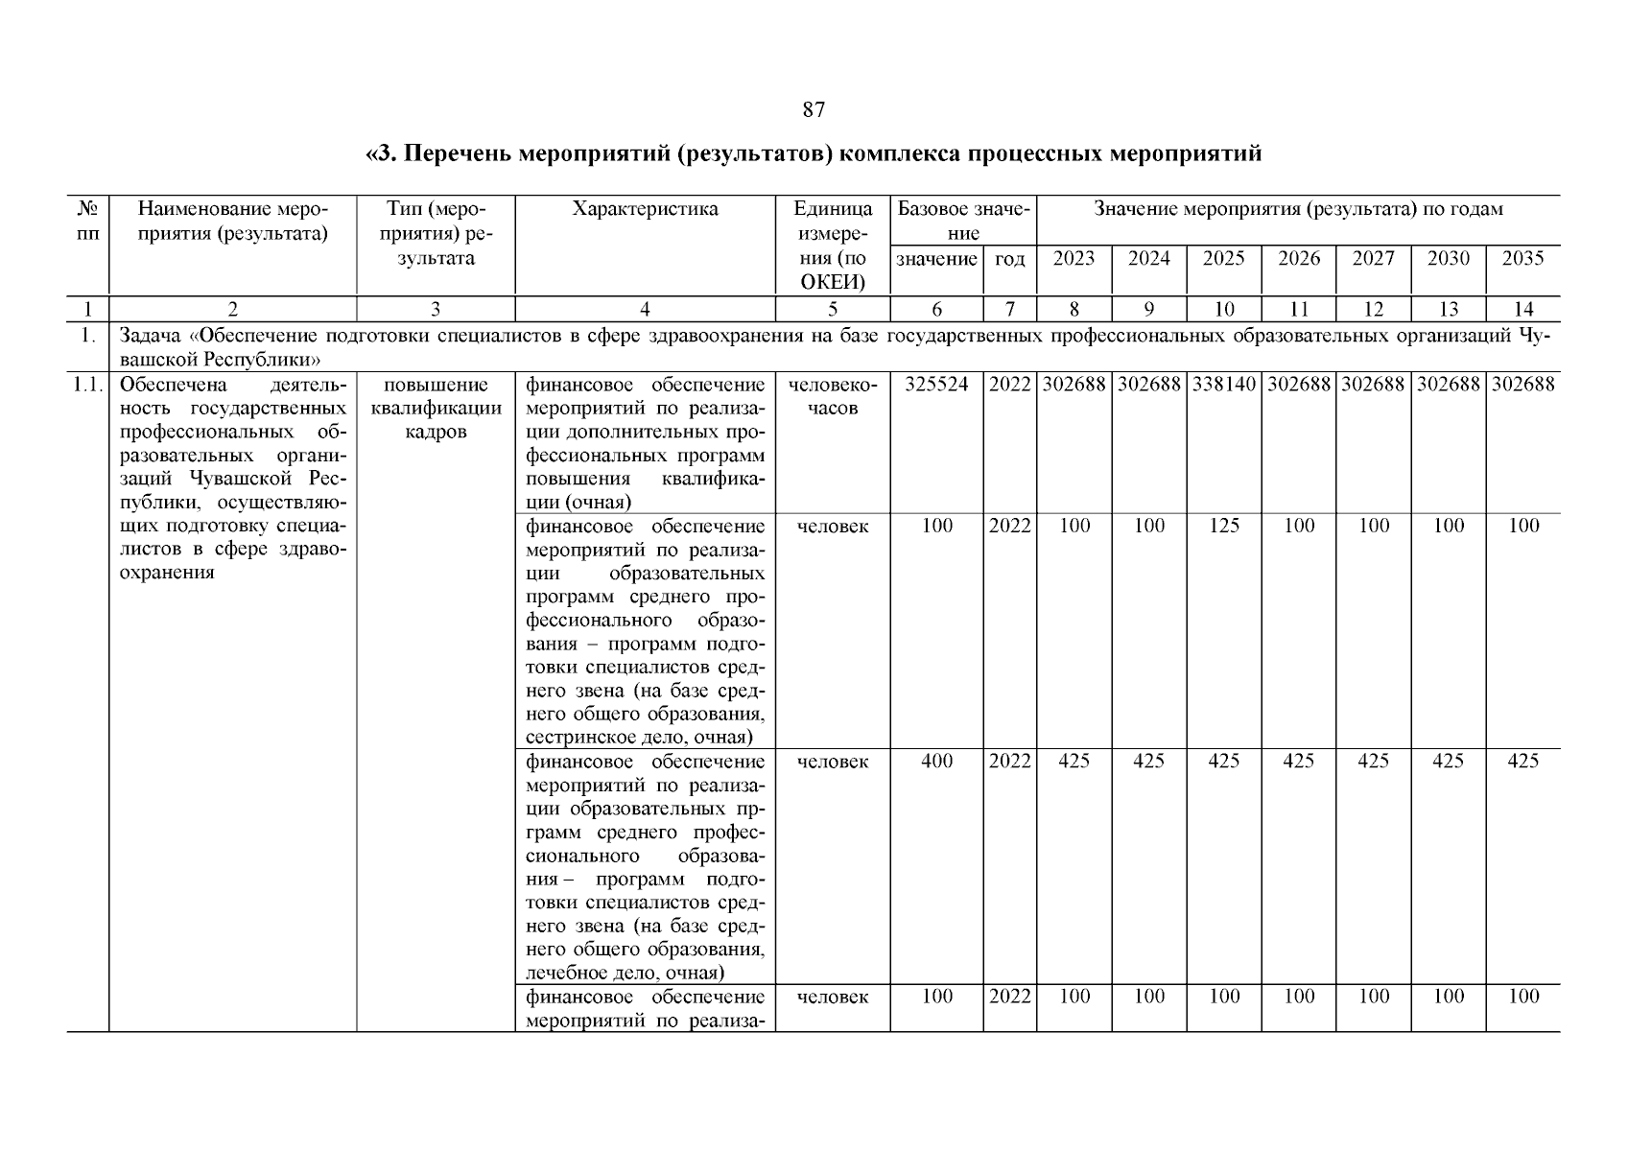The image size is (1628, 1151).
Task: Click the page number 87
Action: [813, 110]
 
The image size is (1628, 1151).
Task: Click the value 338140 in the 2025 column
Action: [1224, 385]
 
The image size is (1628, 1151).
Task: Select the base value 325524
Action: [936, 385]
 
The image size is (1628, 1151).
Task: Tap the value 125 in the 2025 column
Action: [1224, 526]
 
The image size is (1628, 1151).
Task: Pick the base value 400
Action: [936, 762]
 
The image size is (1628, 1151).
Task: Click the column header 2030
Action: [1449, 258]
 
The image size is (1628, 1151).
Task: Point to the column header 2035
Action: [1523, 258]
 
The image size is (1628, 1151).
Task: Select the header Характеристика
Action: [645, 209]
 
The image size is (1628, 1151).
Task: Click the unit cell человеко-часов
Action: [832, 396]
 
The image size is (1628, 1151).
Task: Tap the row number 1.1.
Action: [87, 385]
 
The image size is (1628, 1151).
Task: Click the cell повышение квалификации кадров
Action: [436, 408]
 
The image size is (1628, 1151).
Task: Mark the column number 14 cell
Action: [1523, 309]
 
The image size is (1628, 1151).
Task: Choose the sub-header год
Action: [1010, 259]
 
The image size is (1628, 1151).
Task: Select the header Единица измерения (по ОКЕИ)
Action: [833, 245]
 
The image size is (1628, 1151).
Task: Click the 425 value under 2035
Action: [1523, 762]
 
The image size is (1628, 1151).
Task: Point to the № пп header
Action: [87, 221]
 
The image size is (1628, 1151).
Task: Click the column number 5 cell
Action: [832, 309]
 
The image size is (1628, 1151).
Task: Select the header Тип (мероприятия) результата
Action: [436, 233]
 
